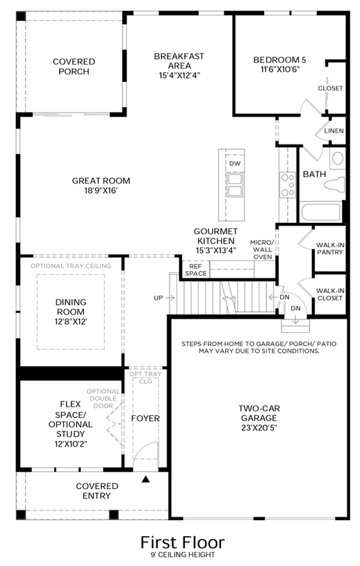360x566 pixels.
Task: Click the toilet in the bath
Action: [x=334, y=185]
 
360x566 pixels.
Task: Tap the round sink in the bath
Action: [x=338, y=158]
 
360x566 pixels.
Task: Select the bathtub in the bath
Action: [x=320, y=213]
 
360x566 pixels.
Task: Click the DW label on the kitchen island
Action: [x=235, y=163]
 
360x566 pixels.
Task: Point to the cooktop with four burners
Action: [x=288, y=185]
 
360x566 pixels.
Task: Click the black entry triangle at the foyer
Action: [x=145, y=479]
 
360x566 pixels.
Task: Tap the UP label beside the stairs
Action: [x=158, y=298]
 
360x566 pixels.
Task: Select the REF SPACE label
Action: [x=195, y=270]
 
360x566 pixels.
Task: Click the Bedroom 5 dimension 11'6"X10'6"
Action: [x=280, y=69]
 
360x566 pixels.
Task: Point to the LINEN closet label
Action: [x=334, y=131]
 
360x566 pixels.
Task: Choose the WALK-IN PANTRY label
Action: [x=329, y=249]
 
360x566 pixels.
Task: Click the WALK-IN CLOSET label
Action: [x=329, y=294]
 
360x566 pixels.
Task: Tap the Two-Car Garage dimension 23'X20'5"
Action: [x=259, y=428]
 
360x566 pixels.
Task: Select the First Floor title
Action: [x=182, y=542]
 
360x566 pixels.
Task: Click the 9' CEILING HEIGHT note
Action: [x=183, y=555]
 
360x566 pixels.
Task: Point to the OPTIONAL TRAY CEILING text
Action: [x=71, y=266]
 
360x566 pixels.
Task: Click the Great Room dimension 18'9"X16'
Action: [x=101, y=190]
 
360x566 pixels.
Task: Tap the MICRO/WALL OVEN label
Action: [x=263, y=249]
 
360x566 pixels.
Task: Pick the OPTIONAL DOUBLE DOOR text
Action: [x=104, y=399]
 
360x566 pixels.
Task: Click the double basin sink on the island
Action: [x=235, y=185]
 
